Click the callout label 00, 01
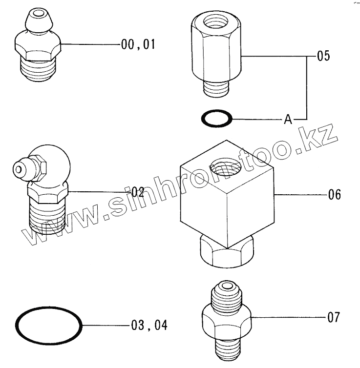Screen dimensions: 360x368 click(x=138, y=44)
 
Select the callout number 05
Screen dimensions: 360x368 click(x=323, y=56)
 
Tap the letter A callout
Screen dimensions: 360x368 click(x=288, y=119)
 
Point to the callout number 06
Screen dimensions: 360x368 click(x=334, y=195)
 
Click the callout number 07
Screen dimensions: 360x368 click(x=334, y=317)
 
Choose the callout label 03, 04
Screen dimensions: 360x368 click(x=149, y=325)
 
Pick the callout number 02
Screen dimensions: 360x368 click(x=138, y=192)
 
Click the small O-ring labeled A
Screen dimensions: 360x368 click(x=217, y=119)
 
